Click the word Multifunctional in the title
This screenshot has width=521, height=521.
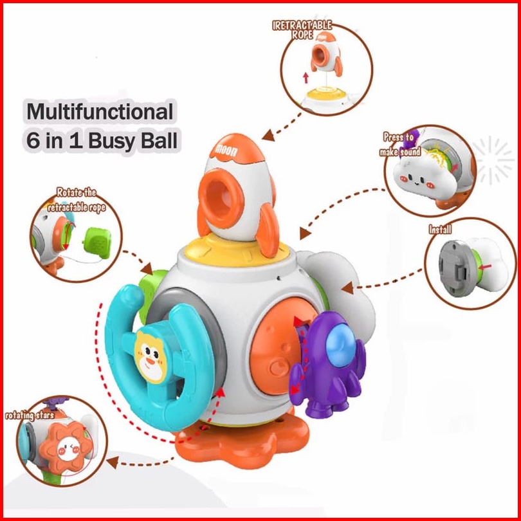(100, 112)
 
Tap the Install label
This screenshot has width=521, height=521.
(440, 229)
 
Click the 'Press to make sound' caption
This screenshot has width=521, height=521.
(401, 145)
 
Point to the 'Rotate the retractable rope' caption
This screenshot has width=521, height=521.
(76, 199)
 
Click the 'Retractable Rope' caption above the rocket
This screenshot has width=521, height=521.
(302, 30)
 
